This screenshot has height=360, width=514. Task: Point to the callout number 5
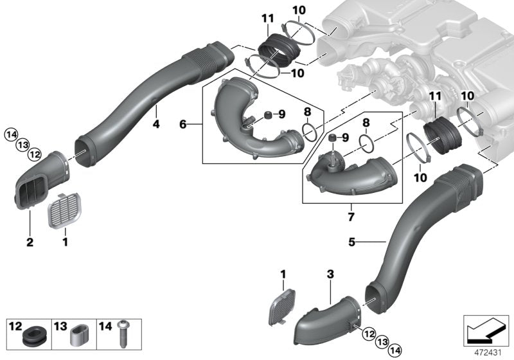(x=351, y=242)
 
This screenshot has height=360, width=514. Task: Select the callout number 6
(x=182, y=123)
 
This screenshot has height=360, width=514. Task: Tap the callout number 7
(x=351, y=217)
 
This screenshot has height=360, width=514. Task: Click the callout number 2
(x=29, y=243)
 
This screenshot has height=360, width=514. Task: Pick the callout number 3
(x=330, y=274)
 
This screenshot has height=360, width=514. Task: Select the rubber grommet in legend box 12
(x=31, y=335)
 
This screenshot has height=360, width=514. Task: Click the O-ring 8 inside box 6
(x=309, y=131)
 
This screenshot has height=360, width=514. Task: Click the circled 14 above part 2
(x=10, y=134)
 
